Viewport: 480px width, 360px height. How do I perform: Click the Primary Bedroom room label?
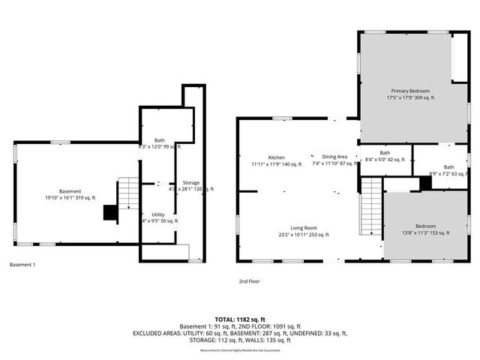pos(410,94)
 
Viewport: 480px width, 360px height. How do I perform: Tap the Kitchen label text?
pos(276,160)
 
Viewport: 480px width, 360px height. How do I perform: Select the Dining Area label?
pos(335,160)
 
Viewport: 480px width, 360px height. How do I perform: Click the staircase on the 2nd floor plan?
pos(371,207)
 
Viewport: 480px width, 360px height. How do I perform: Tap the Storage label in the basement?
pos(191,185)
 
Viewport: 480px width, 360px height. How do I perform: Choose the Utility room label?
pos(157,217)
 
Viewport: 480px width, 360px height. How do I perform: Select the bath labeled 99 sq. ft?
pos(160,143)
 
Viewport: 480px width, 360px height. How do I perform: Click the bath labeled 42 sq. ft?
pos(383,156)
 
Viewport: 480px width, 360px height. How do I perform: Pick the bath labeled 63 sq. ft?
pos(448,171)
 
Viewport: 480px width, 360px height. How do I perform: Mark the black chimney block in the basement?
pos(110,214)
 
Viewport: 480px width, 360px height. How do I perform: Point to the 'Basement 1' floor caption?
pos(22,265)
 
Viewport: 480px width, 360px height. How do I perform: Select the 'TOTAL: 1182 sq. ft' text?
pos(239,319)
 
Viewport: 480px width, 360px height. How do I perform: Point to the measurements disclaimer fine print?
pos(239,350)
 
